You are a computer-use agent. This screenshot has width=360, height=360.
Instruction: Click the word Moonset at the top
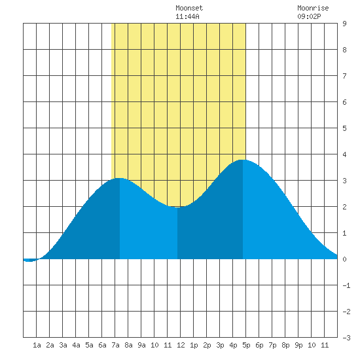pos(189,8)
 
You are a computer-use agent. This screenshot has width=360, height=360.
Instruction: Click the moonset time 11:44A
pos(187,16)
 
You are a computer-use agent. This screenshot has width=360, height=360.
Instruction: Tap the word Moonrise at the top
pos(313,8)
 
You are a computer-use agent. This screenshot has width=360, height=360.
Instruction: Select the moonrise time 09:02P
pos(309,16)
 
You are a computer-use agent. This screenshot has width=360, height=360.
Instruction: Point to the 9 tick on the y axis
pos(344,24)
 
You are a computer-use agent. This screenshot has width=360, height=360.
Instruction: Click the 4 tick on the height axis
pos(344,154)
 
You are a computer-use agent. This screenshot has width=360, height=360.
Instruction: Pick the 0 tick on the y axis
pos(344,259)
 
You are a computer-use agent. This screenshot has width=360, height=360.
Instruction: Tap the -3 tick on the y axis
pos(346,338)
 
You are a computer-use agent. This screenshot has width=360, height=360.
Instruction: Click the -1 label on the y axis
pos(346,285)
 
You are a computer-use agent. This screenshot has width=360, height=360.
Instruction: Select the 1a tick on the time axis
pos(37,345)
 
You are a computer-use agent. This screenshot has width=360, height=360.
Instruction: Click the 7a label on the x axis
pos(115,345)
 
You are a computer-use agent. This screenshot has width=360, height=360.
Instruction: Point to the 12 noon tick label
pos(181,345)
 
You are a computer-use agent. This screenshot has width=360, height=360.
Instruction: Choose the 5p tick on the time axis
pos(246,345)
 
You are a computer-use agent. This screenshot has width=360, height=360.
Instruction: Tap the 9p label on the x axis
pos(298,345)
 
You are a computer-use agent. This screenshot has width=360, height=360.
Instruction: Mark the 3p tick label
pos(220,345)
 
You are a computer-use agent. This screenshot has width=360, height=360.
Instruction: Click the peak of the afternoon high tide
pos(242,160)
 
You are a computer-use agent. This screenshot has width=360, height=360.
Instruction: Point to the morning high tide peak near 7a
pos(120,178)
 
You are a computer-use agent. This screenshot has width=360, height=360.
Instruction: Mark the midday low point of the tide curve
pos(177,207)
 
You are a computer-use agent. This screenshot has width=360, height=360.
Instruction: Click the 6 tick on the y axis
pos(344,102)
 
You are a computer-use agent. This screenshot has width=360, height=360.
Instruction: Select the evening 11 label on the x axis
pos(325,345)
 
